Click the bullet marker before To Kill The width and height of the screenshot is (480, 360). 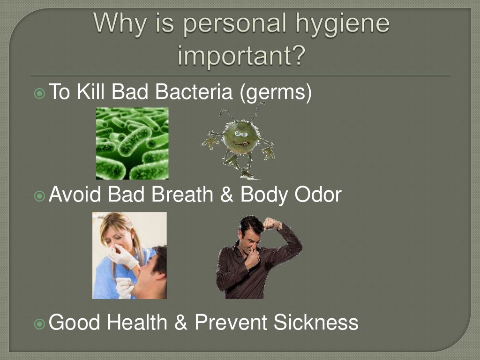[x=40, y=93]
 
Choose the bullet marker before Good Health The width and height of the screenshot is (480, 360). [x=40, y=323]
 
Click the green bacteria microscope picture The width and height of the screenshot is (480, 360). [x=132, y=143]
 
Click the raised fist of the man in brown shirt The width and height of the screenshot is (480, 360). [x=271, y=223]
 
